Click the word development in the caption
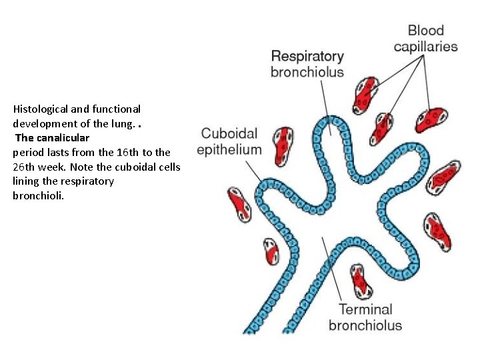click(45, 123)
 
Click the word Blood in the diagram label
click(425, 30)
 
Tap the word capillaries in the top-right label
click(425, 47)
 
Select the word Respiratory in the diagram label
click(307, 57)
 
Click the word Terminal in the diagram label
click(365, 309)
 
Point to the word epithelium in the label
click(229, 149)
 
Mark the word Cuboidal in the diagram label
click(229, 133)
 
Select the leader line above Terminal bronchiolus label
click(333, 267)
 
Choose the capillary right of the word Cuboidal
click(285, 141)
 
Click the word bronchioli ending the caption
click(39, 196)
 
